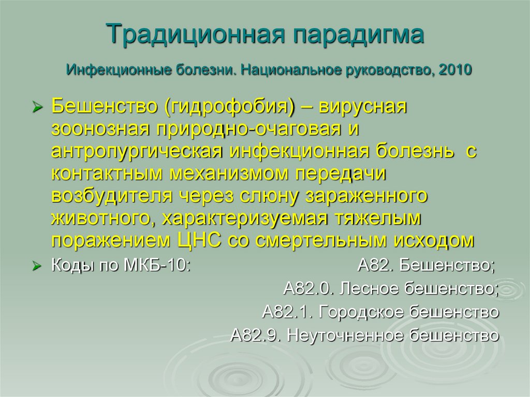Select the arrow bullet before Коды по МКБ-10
[37, 267]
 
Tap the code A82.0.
[307, 289]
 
